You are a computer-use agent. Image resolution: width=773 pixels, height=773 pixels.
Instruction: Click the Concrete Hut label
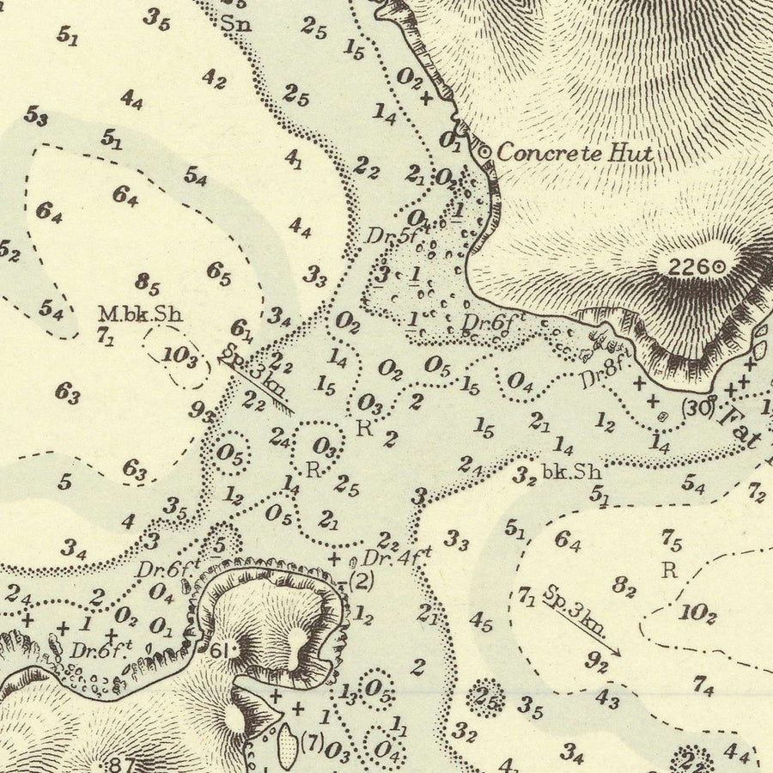[575, 154]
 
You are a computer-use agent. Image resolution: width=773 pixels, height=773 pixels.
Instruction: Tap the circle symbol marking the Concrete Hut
[484, 152]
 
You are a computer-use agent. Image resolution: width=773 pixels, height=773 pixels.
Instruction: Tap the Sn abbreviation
[235, 24]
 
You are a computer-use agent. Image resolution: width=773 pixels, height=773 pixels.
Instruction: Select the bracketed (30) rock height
[697, 409]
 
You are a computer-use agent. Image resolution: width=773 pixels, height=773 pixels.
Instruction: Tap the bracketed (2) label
[362, 581]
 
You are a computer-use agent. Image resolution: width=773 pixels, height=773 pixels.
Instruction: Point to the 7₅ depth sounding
[672, 539]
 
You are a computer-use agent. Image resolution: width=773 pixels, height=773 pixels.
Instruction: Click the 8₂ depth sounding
[624, 587]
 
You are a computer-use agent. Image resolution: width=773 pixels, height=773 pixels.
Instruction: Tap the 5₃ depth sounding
[36, 115]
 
